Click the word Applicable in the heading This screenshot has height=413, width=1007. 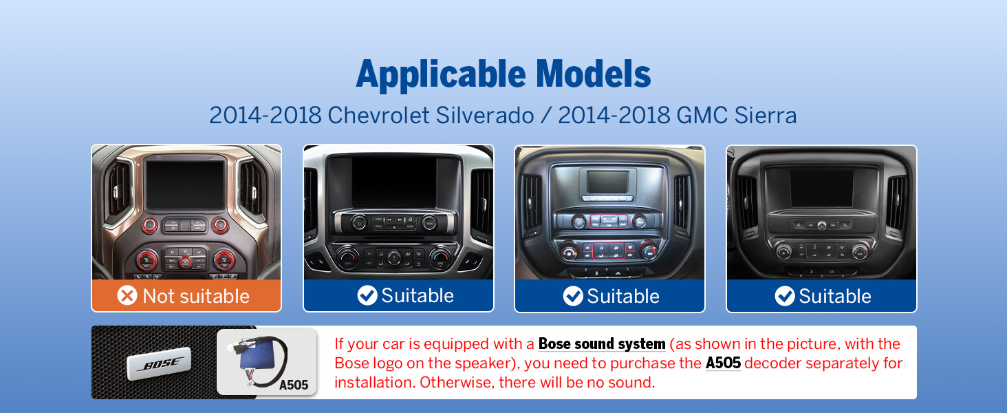(x=440, y=75)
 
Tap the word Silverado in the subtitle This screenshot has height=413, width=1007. (x=485, y=115)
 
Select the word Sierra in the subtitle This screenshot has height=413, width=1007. (x=765, y=115)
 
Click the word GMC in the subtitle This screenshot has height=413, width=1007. (x=702, y=115)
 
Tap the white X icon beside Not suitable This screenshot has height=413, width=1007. (x=127, y=295)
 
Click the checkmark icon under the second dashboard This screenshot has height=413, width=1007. (x=367, y=295)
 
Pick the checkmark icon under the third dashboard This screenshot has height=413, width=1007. (x=573, y=296)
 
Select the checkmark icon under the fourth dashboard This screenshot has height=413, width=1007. (x=785, y=296)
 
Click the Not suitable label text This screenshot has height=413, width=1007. (x=196, y=296)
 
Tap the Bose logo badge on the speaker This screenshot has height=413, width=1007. (x=159, y=363)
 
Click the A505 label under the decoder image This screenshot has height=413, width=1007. (x=294, y=385)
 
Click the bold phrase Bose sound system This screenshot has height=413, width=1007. (x=602, y=343)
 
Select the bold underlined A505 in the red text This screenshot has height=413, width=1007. (x=723, y=363)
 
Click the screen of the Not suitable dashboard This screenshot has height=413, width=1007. (x=185, y=184)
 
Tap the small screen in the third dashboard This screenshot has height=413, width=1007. (x=608, y=182)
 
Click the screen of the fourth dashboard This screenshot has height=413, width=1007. (x=822, y=189)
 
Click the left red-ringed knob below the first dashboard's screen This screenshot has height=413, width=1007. (x=150, y=225)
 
